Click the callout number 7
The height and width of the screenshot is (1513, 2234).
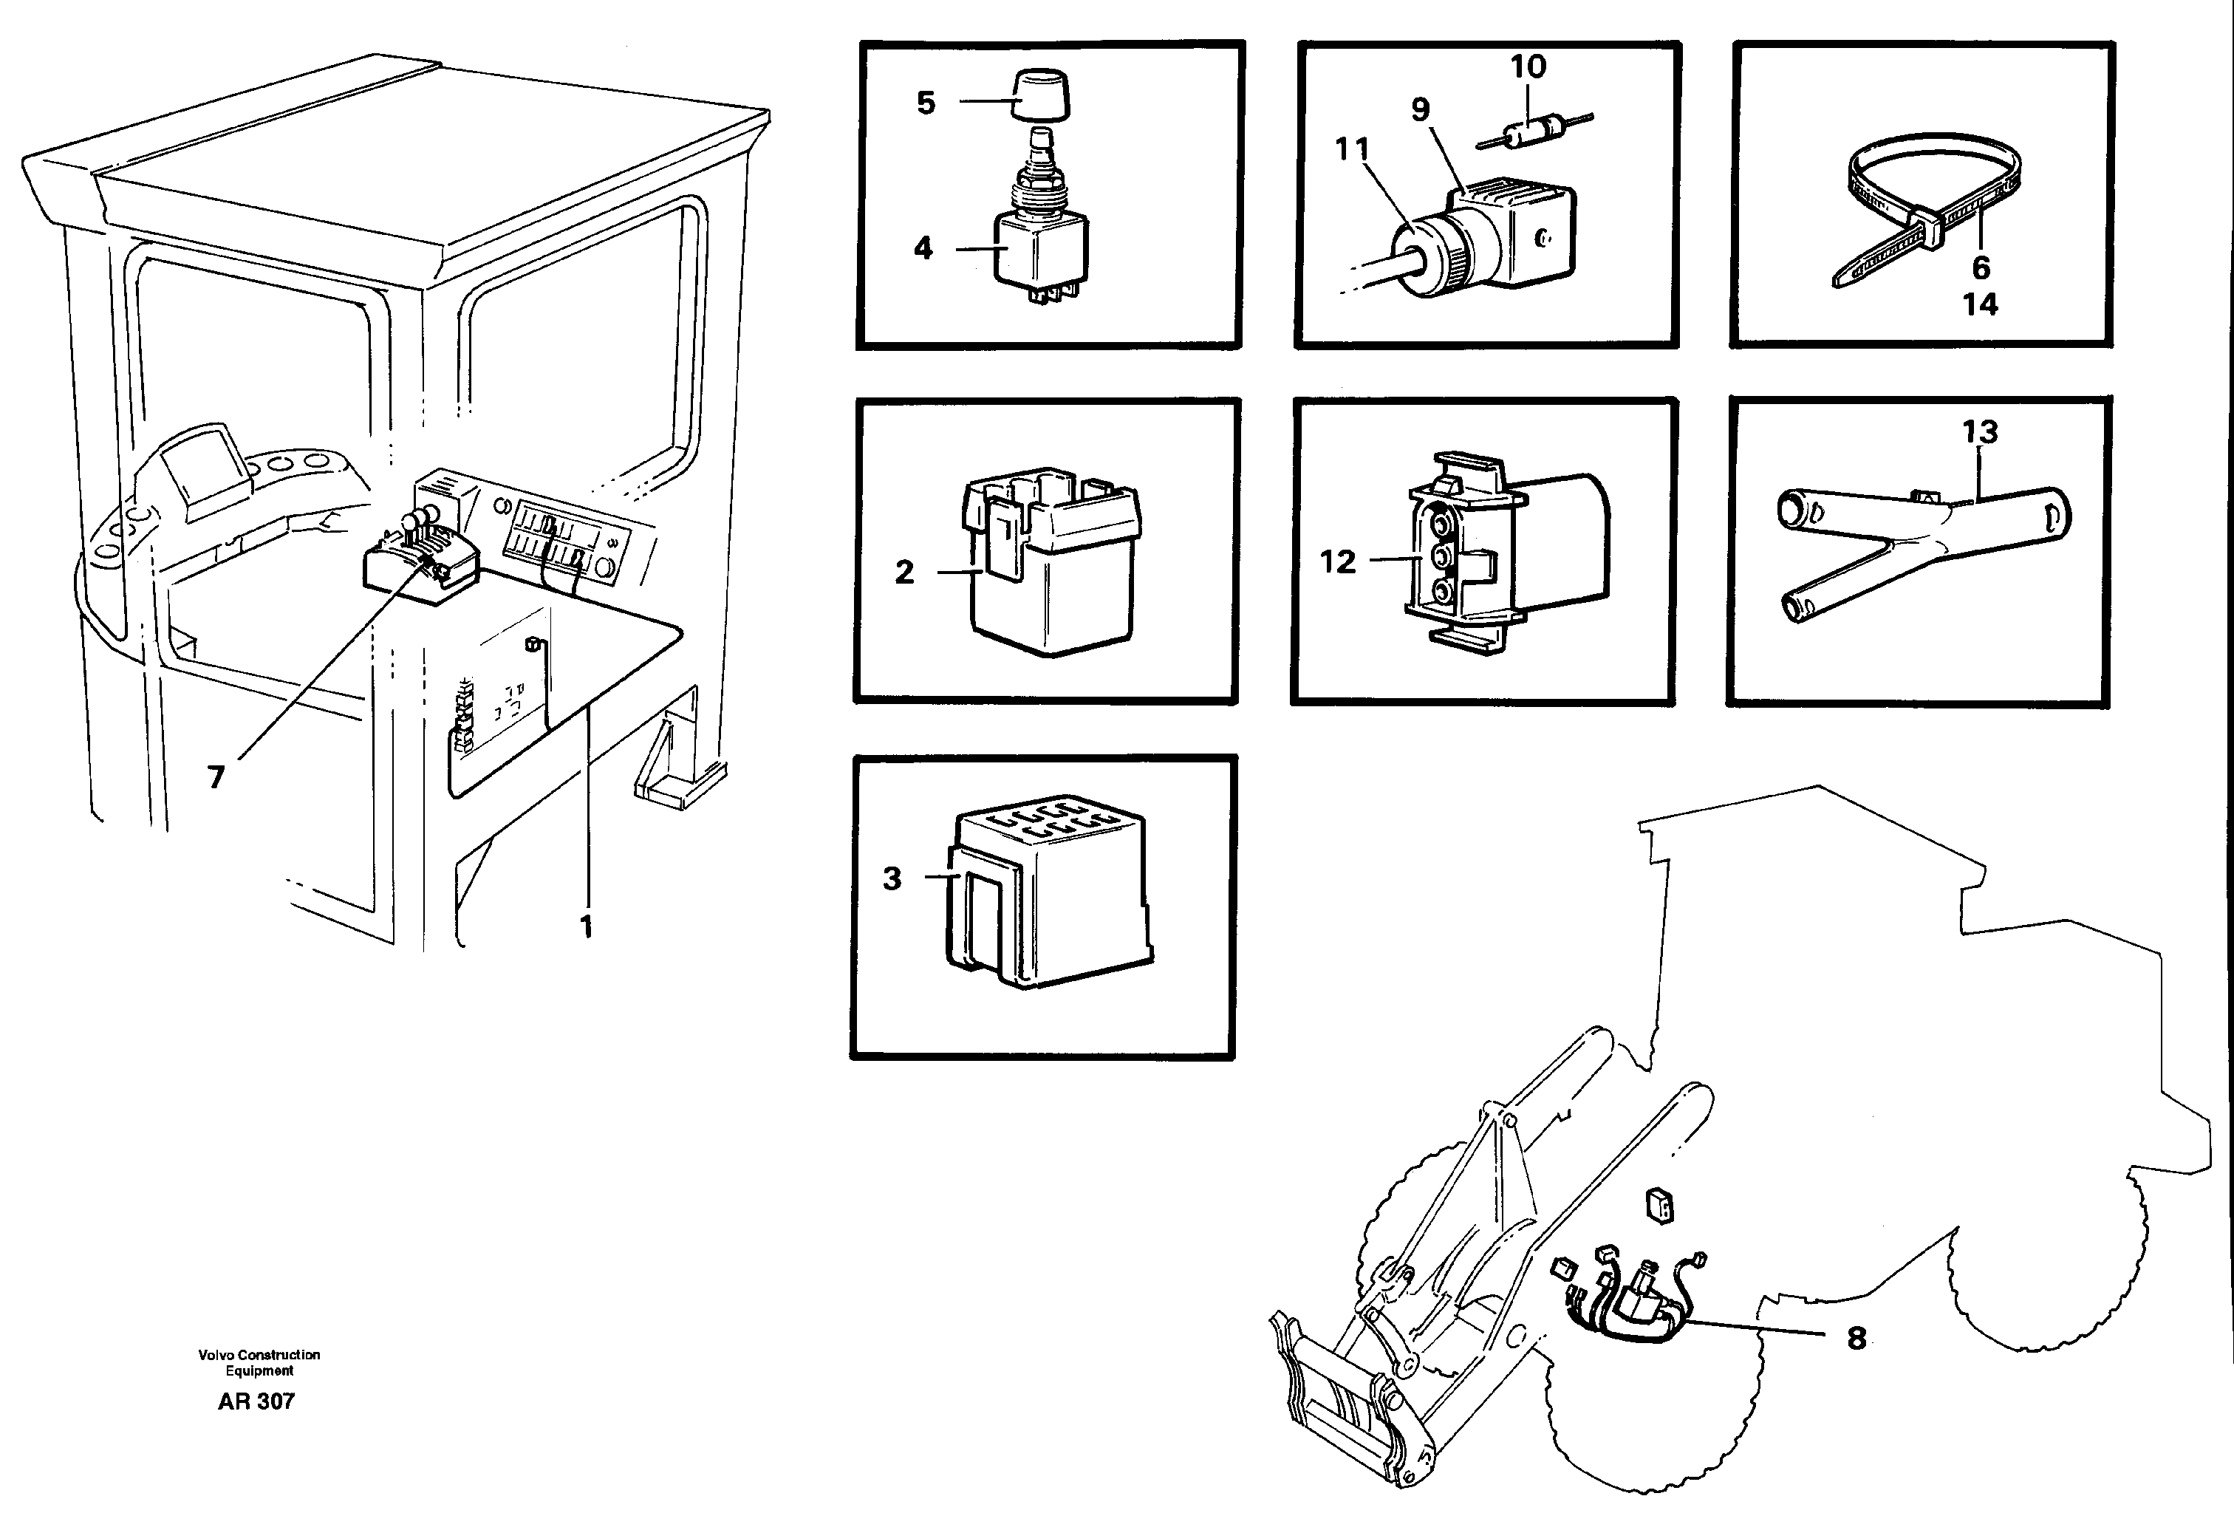216,776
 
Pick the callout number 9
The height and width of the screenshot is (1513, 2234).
1421,109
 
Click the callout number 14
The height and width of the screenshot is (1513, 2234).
1980,304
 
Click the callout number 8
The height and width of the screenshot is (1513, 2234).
1856,1338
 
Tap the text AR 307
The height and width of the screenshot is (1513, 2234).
256,1401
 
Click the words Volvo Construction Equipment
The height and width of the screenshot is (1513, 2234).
259,1362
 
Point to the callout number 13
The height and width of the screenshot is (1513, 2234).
1980,431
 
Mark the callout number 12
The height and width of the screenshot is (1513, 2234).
1337,561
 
